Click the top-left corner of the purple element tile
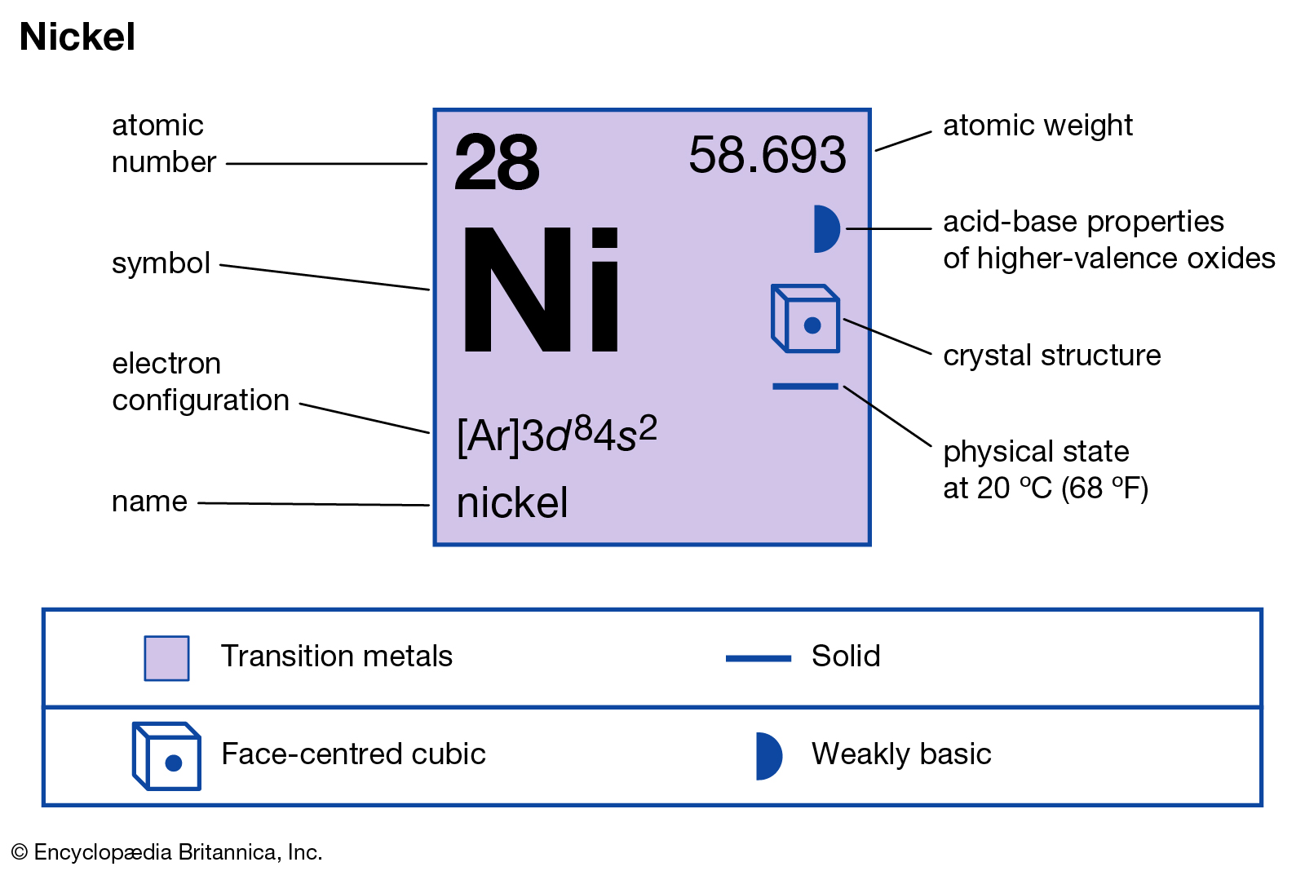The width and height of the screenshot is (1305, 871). click(x=434, y=109)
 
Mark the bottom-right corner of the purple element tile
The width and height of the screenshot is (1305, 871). click(x=871, y=546)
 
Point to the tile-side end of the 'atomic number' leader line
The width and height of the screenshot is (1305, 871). click(x=427, y=164)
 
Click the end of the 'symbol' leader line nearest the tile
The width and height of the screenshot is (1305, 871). click(x=430, y=290)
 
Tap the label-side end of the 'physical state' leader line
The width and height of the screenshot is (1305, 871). click(x=931, y=446)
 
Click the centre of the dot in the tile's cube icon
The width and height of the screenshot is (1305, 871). click(x=812, y=325)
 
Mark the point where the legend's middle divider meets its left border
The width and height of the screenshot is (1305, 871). click(x=44, y=707)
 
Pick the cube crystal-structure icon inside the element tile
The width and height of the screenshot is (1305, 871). click(x=805, y=318)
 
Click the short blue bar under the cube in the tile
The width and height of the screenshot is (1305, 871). click(x=805, y=387)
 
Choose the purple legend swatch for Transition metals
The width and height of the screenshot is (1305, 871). click(x=166, y=658)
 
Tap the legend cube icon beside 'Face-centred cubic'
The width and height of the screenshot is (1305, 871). click(x=166, y=756)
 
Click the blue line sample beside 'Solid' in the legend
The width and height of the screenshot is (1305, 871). click(x=758, y=658)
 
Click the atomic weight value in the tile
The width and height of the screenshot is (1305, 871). click(x=768, y=155)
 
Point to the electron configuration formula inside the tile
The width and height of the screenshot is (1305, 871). click(x=557, y=435)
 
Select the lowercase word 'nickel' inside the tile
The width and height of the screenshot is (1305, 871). click(x=511, y=502)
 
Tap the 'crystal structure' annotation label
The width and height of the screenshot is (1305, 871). click(x=1051, y=355)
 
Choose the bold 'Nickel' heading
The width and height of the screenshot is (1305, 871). click(x=77, y=37)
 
